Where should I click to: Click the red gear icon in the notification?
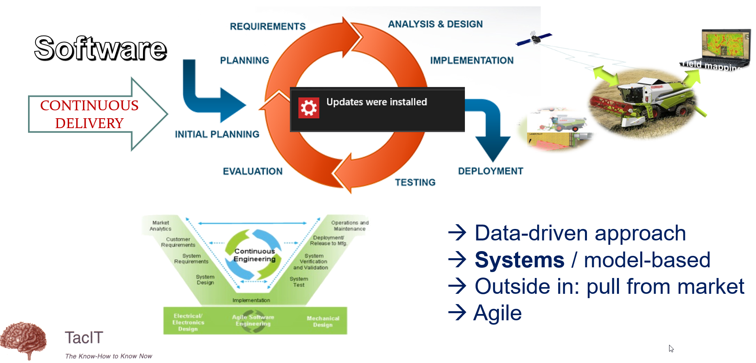tap(308, 108)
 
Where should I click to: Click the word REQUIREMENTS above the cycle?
tap(267, 26)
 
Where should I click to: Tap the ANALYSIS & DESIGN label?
tap(435, 24)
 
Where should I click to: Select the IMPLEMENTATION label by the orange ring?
tap(472, 60)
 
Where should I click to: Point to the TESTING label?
tap(415, 182)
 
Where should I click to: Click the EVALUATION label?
tap(252, 171)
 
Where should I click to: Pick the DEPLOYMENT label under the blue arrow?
tap(491, 171)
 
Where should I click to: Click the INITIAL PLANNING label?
tap(217, 134)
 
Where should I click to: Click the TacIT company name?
tap(84, 338)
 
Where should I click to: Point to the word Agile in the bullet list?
tap(497, 313)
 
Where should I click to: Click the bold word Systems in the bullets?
tap(519, 260)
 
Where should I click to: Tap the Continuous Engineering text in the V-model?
tap(254, 255)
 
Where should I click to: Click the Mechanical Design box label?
tap(323, 321)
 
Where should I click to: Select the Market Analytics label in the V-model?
tap(160, 226)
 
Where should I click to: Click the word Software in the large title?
tap(100, 48)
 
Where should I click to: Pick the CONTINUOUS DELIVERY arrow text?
tap(89, 114)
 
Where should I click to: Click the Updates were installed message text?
tap(376, 102)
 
